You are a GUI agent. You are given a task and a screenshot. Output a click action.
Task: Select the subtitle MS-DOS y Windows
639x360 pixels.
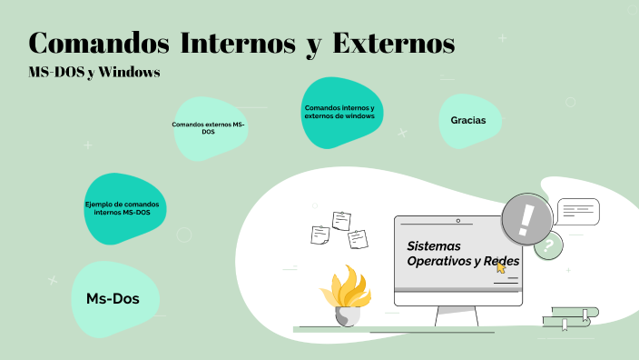pyautogui.click(x=94, y=73)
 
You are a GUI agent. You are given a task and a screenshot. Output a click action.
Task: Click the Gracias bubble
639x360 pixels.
pyautogui.click(x=468, y=120)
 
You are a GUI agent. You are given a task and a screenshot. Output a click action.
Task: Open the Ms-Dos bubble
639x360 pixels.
pyautogui.click(x=113, y=297)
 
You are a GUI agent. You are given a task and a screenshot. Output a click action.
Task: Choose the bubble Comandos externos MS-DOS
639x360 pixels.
pyautogui.click(x=209, y=127)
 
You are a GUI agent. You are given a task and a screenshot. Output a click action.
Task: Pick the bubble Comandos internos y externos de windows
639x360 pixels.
pyautogui.click(x=339, y=112)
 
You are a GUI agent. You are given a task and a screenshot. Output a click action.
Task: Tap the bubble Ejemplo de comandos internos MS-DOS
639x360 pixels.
pyautogui.click(x=122, y=208)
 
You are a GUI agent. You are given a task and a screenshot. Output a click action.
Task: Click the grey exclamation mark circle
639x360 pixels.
pyautogui.click(x=526, y=218)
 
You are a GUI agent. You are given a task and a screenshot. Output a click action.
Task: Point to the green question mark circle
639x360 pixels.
pyautogui.click(x=547, y=245)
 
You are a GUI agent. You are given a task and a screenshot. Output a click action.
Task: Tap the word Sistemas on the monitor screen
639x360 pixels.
pyautogui.click(x=434, y=245)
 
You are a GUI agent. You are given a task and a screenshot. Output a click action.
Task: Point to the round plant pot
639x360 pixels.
pyautogui.click(x=348, y=315)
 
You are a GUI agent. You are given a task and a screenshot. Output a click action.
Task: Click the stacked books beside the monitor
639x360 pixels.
pyautogui.click(x=570, y=317)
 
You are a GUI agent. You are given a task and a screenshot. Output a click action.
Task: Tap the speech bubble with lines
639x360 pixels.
pyautogui.click(x=577, y=212)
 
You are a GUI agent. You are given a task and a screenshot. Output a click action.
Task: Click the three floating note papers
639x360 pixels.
pyautogui.click(x=338, y=228)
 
